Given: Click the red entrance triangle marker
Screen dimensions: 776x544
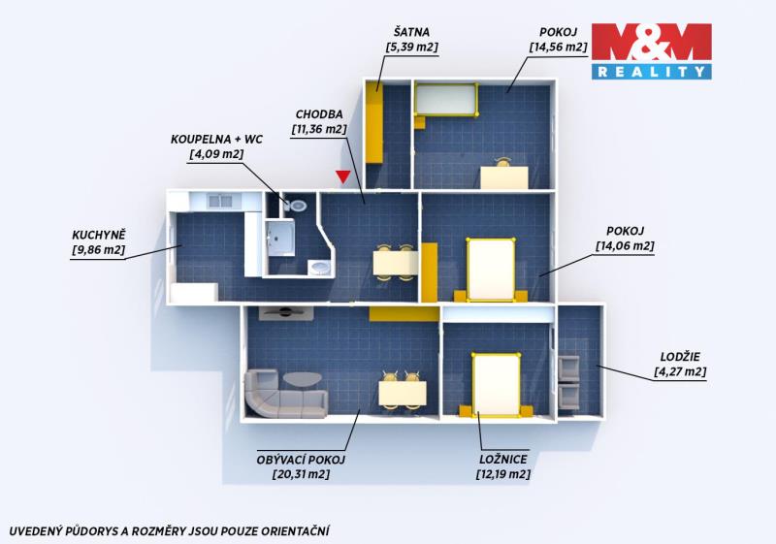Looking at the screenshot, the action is [x=342, y=176].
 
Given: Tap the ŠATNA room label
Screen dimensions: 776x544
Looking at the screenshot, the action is [x=411, y=33].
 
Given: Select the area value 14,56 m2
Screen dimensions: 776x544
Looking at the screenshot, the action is [x=559, y=48].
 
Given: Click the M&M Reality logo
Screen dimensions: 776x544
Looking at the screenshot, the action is [x=651, y=51].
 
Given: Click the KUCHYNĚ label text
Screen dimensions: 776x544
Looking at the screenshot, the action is [x=99, y=235].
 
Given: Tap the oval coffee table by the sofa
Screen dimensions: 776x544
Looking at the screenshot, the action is [x=303, y=380].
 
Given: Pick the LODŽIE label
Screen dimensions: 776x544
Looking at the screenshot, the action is [x=680, y=357].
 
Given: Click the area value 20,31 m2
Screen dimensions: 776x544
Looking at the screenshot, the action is [x=301, y=475].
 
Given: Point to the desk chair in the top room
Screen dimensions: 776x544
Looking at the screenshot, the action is [x=503, y=163].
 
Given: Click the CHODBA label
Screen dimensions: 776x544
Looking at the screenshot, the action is [x=319, y=114].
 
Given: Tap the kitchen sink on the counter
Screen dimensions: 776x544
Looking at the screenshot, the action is [x=220, y=201].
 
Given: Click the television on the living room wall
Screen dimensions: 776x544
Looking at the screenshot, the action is [x=284, y=312].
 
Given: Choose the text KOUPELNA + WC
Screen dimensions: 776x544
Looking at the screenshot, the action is [x=216, y=140].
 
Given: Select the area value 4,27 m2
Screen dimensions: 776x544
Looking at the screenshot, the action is [x=680, y=372].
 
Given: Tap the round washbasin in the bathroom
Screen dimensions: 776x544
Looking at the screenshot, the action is [x=319, y=268].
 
